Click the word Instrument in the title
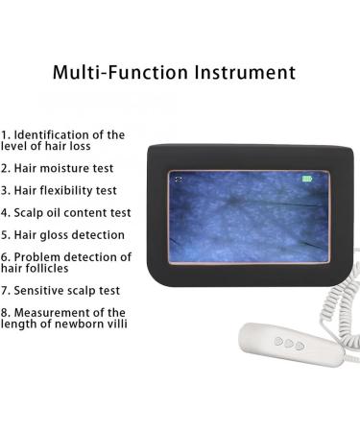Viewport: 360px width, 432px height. pyautogui.click(x=234, y=71)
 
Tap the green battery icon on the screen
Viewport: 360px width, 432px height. pyautogui.click(x=307, y=179)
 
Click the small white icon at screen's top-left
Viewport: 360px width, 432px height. pyautogui.click(x=177, y=179)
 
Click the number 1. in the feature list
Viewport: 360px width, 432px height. pyautogui.click(x=6, y=134)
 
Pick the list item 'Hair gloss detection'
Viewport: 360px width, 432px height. pyautogui.click(x=69, y=234)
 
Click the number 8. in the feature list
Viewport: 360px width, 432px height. pyautogui.click(x=6, y=312)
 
